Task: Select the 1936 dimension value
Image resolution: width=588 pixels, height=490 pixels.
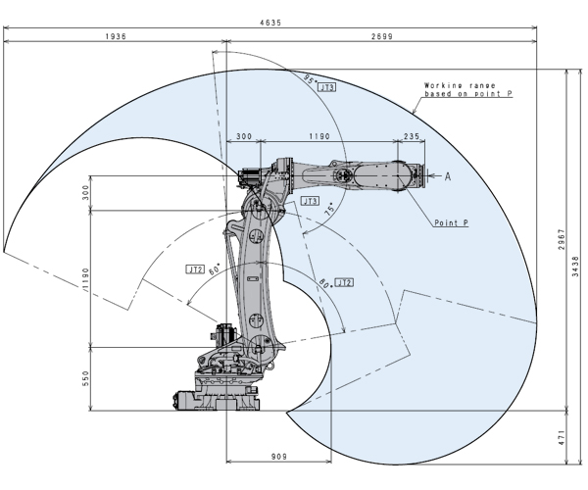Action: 115,35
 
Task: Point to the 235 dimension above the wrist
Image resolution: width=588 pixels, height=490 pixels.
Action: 411,136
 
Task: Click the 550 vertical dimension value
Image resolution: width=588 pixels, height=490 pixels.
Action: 86,379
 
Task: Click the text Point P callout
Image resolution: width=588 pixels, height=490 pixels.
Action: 451,222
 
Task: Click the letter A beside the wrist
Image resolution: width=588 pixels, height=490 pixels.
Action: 448,176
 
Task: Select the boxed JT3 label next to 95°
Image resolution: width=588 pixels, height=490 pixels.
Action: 329,87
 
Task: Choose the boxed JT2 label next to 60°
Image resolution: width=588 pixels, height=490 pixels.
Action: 194,268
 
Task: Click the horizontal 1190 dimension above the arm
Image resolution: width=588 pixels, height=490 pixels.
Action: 314,136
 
